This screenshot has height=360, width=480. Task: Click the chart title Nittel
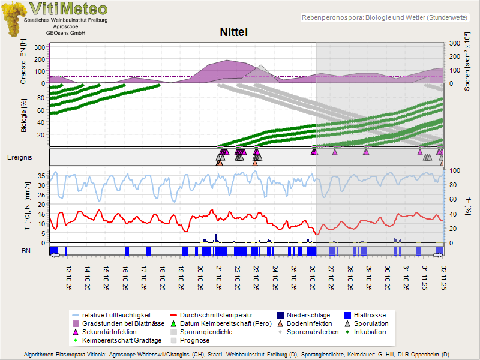(x=233, y=32)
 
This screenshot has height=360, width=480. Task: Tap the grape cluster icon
(x=13, y=18)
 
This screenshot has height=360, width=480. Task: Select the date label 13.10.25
(x=68, y=278)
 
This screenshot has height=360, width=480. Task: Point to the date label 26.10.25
(x=313, y=278)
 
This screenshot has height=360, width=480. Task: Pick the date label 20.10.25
(x=200, y=278)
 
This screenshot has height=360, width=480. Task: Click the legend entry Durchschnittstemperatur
(x=215, y=314)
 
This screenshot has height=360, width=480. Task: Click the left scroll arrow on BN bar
(x=55, y=255)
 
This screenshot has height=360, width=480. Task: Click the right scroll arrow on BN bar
(x=438, y=255)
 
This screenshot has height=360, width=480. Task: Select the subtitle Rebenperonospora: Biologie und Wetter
(x=384, y=18)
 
